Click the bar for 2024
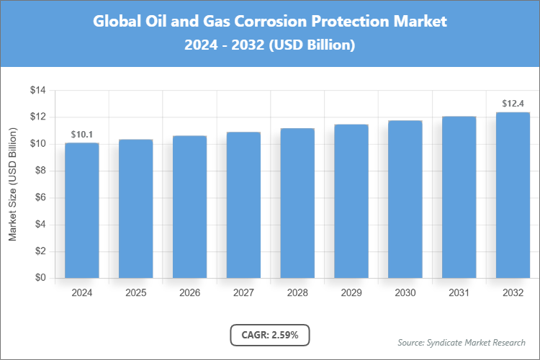[x=82, y=210]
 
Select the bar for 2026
[x=189, y=207]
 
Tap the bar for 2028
[x=297, y=203]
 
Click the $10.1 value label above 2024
[x=82, y=135]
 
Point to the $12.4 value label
[x=513, y=104]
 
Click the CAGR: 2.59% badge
[x=270, y=335]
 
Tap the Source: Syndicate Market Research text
[x=462, y=342]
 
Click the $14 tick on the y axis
[x=37, y=91]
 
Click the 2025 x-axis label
[x=136, y=293]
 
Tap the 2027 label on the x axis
[x=243, y=293]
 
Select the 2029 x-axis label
[x=351, y=293]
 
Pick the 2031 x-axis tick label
[x=459, y=293]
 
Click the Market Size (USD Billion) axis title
[x=12, y=184]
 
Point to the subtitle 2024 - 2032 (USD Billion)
[x=270, y=45]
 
